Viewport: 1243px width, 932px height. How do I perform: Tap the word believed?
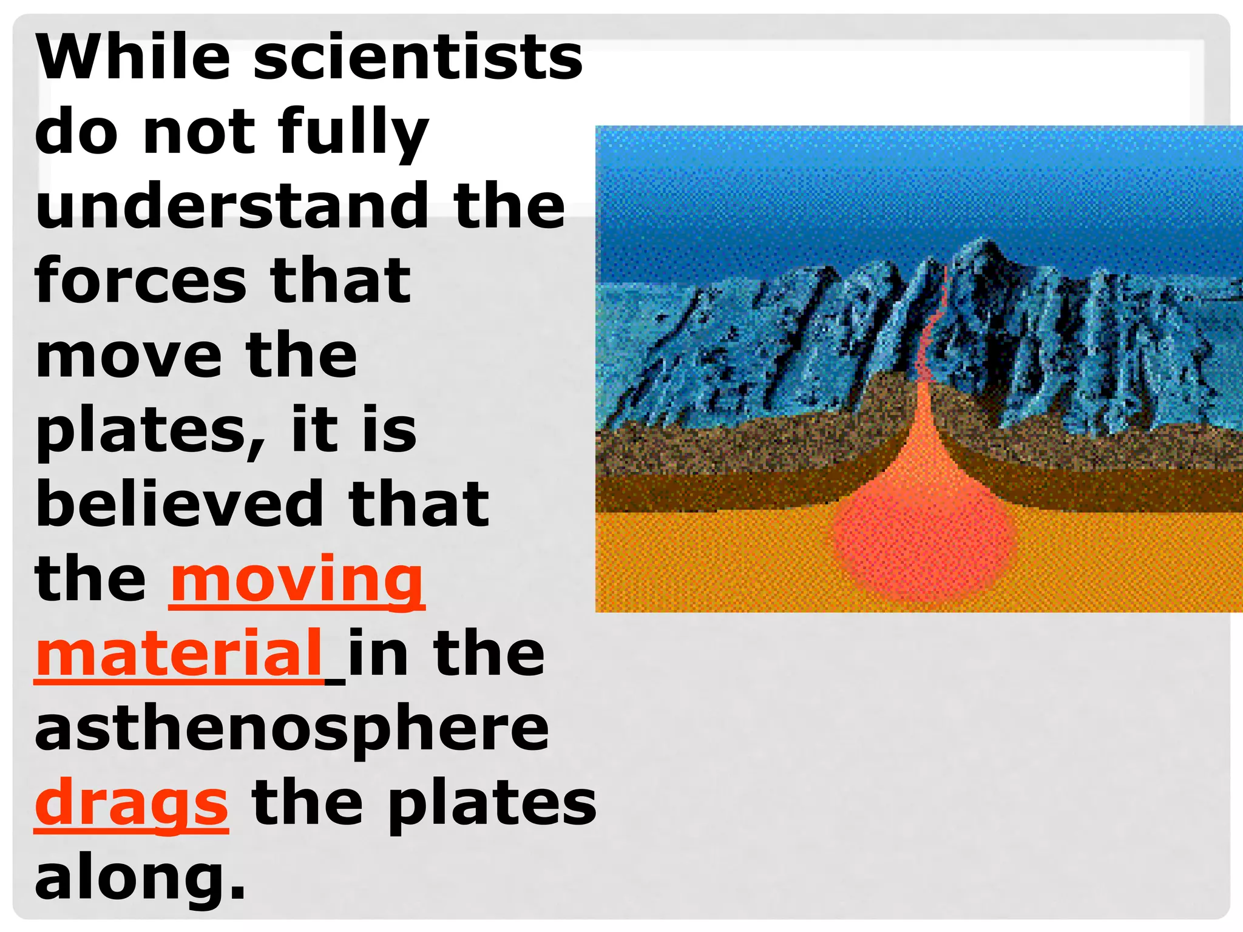click(x=180, y=504)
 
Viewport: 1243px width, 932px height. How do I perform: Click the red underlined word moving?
click(x=297, y=579)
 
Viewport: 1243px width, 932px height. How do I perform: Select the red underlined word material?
click(x=180, y=653)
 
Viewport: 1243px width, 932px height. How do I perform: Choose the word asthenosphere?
click(x=291, y=728)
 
